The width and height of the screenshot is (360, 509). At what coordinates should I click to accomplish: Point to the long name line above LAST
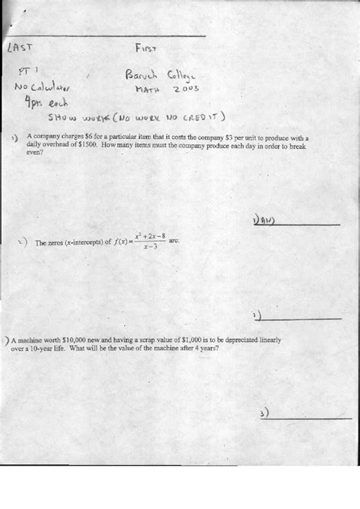coord(106,36)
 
